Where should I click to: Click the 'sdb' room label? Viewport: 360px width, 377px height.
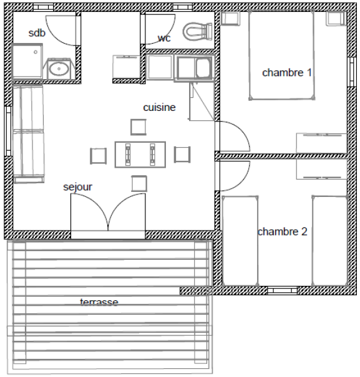coord(37,33)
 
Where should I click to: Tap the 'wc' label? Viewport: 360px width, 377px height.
coord(164,38)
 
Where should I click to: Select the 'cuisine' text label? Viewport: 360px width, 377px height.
coord(159,107)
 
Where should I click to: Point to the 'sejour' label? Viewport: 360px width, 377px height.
coord(77,187)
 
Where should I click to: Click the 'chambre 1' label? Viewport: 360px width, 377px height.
coord(287,73)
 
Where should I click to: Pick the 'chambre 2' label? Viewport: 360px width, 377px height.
coord(283,232)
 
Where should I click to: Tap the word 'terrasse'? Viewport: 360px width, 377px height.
coord(99,302)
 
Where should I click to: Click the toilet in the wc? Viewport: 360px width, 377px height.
coord(197,32)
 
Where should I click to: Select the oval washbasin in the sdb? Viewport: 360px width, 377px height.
coord(59,69)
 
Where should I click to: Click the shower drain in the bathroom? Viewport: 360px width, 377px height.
coord(36,52)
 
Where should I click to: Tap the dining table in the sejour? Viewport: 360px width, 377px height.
coord(140,155)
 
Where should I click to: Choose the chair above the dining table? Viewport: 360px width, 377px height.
coord(139,127)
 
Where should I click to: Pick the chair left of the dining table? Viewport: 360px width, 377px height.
coord(98,156)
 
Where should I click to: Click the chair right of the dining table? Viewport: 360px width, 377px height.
coord(182,155)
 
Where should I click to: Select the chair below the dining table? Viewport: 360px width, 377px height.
coord(139,183)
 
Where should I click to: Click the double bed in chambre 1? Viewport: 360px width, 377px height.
coord(282,55)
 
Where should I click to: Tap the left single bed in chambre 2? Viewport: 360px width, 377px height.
coord(240,241)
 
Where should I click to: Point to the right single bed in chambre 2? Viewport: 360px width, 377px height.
coord(329,241)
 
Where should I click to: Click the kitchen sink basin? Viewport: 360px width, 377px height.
coord(204,67)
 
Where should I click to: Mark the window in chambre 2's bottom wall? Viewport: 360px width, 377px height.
coord(282,290)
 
